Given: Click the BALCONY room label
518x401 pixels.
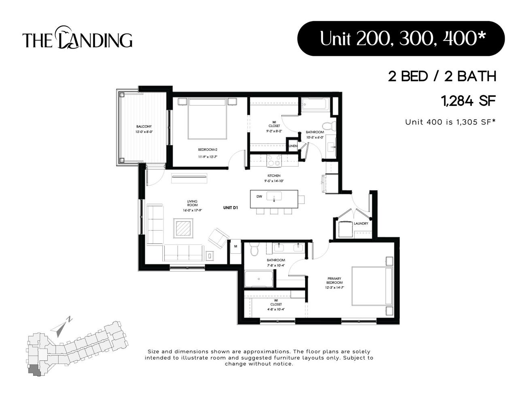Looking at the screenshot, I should [144, 127].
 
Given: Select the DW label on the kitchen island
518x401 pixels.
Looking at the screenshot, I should [259, 197].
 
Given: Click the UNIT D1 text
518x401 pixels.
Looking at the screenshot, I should [230, 208].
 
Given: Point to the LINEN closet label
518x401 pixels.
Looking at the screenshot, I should [293, 146].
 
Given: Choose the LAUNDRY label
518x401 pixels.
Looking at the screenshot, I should [361, 223].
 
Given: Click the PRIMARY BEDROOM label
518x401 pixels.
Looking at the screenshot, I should [334, 281].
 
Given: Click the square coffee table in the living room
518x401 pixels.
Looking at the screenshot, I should [184, 228].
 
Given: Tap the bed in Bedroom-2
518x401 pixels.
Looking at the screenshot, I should [207, 120].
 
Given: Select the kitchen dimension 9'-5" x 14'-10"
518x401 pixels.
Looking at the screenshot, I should [274, 181].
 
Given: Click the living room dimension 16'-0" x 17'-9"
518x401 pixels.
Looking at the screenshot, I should [192, 210].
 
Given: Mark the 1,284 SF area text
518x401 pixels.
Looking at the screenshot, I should [469, 101].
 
